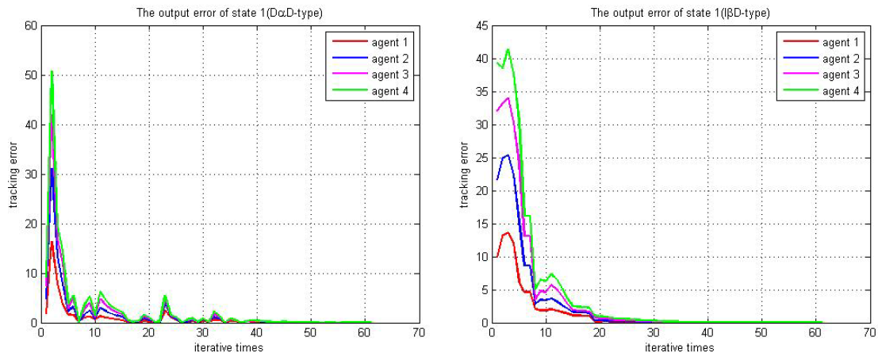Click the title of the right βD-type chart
point(680,13)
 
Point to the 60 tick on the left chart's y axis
point(31,25)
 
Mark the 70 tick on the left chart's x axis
point(418,333)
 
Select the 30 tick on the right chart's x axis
point(654,333)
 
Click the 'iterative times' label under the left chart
point(228,347)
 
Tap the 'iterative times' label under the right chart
point(680,347)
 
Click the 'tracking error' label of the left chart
point(13,174)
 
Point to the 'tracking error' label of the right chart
point(465,174)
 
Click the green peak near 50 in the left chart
point(52,71)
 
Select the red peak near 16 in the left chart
point(52,242)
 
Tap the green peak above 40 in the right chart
point(508,49)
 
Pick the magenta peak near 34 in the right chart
point(508,98)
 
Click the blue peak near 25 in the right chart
point(508,155)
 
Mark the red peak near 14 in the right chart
point(508,232)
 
